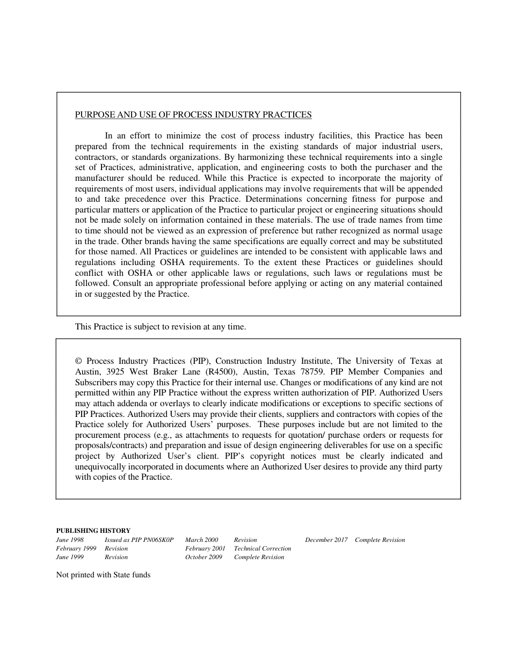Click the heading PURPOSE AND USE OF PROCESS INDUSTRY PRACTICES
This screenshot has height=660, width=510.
(193, 115)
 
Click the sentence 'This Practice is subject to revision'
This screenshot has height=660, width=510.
(160, 327)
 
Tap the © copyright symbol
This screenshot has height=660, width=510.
(78, 361)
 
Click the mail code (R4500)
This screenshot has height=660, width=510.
(224, 372)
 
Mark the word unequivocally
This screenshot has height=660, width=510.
(99, 467)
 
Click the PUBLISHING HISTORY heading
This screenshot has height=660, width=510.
(93, 531)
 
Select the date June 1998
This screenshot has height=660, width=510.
(70, 540)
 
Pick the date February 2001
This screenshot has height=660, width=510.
(205, 548)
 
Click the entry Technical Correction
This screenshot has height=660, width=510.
(263, 548)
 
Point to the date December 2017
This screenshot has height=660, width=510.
(326, 540)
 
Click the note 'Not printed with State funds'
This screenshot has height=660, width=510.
(103, 575)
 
